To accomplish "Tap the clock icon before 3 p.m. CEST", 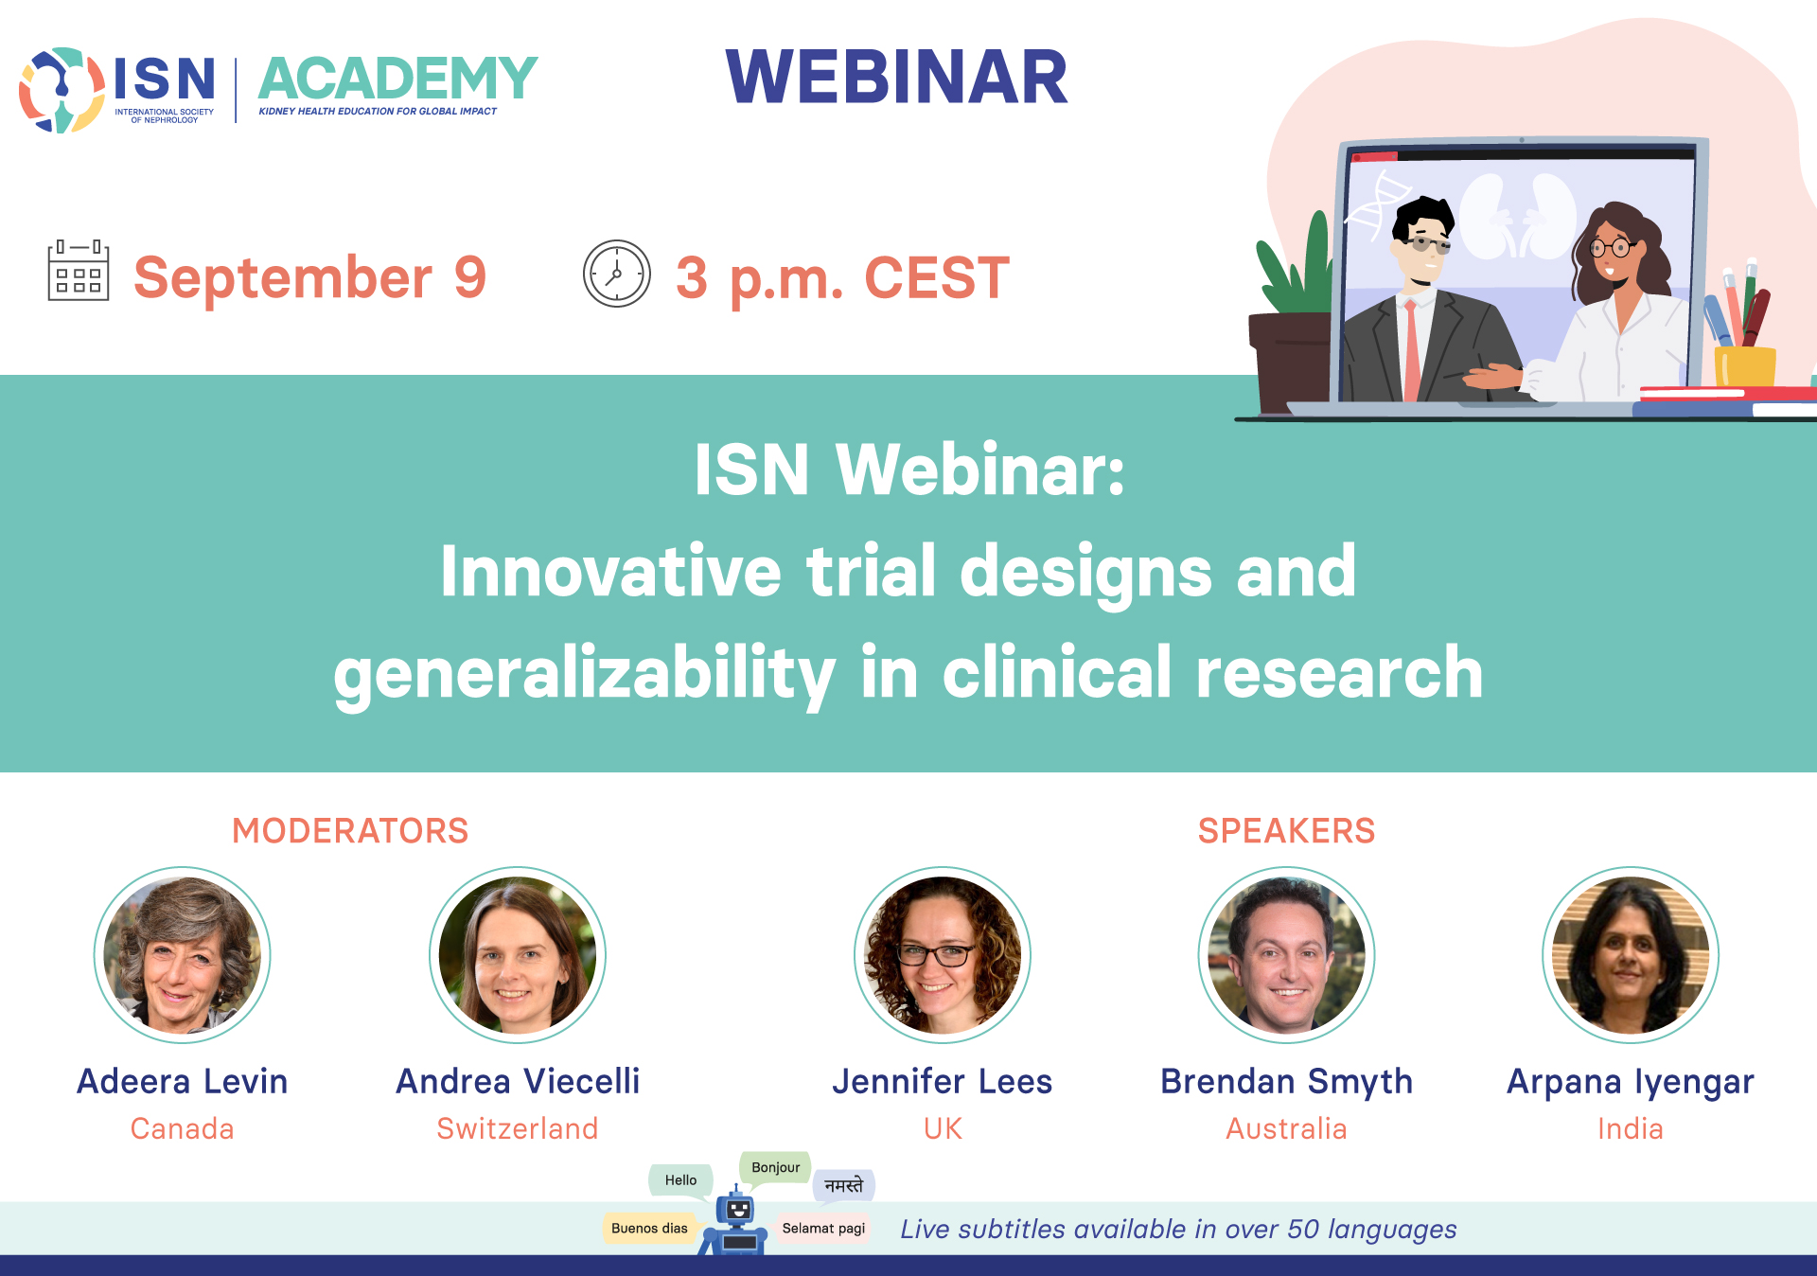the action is (617, 274).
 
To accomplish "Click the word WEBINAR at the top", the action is (896, 77).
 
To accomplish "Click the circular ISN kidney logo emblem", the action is (62, 90).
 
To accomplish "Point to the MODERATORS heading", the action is (350, 830).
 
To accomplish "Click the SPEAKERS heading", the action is (1286, 830).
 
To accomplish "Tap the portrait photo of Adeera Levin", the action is (183, 955).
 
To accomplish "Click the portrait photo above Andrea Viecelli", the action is (518, 955).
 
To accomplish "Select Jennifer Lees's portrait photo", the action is (943, 955).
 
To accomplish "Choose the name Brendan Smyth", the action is (1286, 1081).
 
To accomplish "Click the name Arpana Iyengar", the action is (1631, 1082).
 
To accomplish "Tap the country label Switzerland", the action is (518, 1128).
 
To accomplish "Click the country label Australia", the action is (1286, 1128).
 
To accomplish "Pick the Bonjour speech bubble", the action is (775, 1168).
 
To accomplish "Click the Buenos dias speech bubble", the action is (649, 1229).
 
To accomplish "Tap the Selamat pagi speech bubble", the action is (823, 1229).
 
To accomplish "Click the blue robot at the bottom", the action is (735, 1222).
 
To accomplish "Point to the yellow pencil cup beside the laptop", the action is (1745, 366).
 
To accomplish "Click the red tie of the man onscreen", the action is (1412, 350).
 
